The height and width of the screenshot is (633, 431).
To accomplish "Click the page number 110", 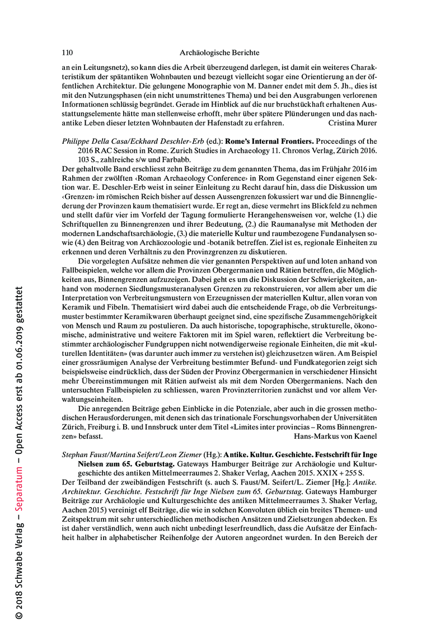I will point(67,53).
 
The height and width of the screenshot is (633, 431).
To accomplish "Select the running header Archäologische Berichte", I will point(219,53).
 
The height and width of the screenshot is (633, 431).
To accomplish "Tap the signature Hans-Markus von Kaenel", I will point(335,434).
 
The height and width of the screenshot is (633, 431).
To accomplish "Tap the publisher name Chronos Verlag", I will point(285,150).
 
